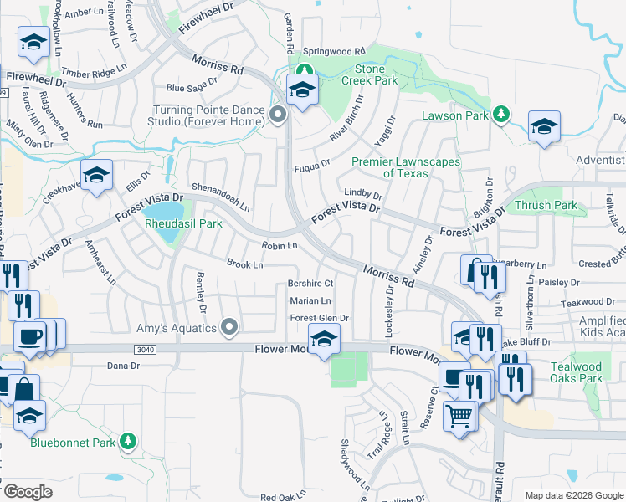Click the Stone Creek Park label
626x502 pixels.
point(363,74)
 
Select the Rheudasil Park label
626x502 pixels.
point(183,223)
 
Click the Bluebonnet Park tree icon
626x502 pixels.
point(127,440)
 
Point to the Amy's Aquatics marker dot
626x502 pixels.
point(228,328)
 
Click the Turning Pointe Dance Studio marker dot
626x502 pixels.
point(279,115)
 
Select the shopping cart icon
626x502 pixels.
point(459,415)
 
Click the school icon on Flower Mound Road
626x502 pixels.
point(324,339)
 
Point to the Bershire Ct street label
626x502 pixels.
point(310,284)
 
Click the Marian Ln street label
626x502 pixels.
point(310,301)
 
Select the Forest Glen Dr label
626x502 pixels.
point(318,318)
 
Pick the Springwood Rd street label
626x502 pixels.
point(335,51)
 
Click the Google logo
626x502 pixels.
point(27,492)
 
